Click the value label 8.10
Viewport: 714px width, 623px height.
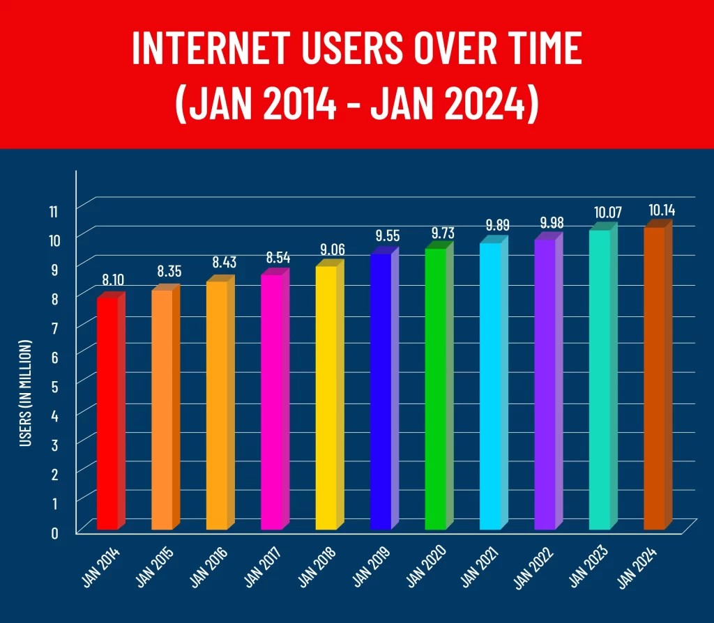(x=114, y=280)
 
